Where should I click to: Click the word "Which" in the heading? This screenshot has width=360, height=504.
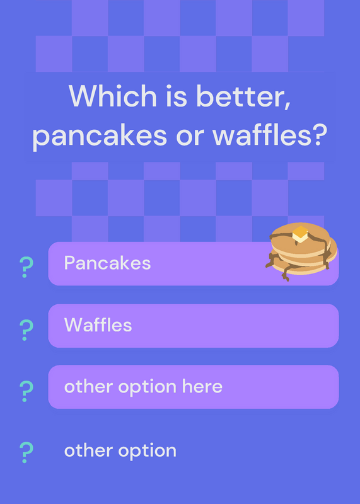[x=113, y=96]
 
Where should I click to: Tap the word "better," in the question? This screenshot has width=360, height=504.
[x=244, y=96]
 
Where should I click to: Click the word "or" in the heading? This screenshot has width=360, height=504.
[x=190, y=137]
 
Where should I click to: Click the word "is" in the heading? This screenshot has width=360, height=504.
[x=177, y=96]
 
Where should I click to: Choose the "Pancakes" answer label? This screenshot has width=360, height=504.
[x=107, y=263]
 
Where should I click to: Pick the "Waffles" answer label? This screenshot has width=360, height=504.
[x=98, y=324]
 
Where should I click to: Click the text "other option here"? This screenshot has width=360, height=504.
[x=144, y=386]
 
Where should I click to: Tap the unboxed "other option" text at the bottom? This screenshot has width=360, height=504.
[x=120, y=450]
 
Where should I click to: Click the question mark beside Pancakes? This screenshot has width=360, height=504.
[x=26, y=267]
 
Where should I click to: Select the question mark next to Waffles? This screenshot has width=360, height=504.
[x=26, y=330]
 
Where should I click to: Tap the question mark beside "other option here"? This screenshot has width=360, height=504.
[x=26, y=391]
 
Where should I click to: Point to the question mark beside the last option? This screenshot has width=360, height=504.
[x=26, y=452]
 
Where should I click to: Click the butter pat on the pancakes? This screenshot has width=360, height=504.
[x=300, y=234]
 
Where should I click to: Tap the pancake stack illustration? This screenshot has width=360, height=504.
[x=301, y=251]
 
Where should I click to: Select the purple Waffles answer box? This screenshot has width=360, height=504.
[x=194, y=326]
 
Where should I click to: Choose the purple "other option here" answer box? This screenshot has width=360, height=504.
[x=194, y=387]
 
